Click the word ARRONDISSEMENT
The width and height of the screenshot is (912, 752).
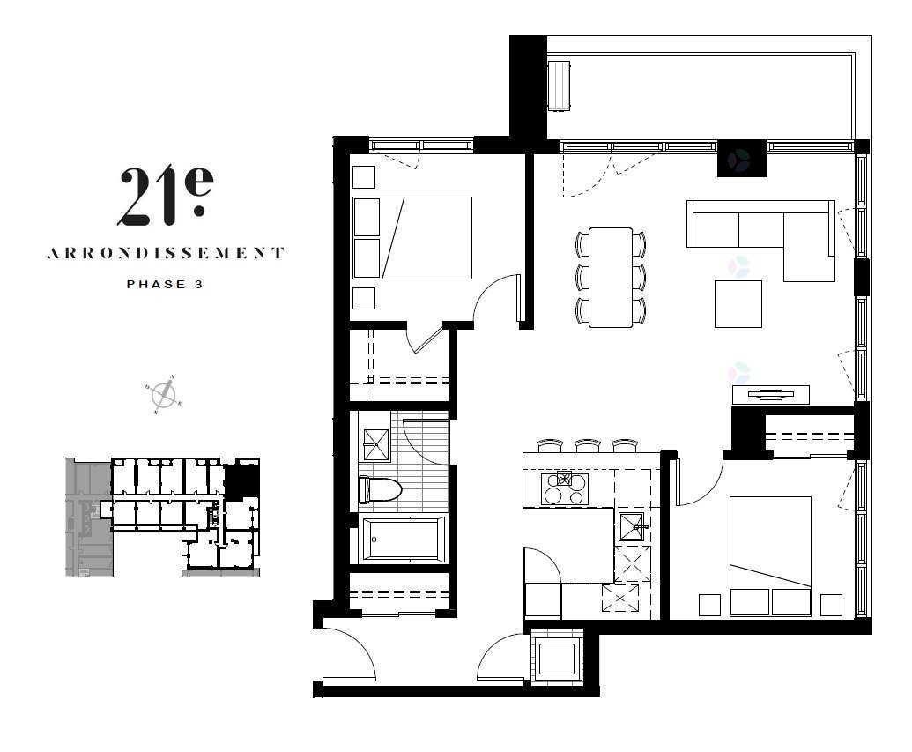pyautogui.click(x=166, y=253)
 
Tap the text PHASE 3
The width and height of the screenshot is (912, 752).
pyautogui.click(x=165, y=285)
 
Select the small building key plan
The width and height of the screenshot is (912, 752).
pyautogui.click(x=162, y=517)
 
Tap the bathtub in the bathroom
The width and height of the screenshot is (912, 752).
pyautogui.click(x=404, y=540)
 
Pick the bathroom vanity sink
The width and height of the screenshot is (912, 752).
pyautogui.click(x=376, y=444)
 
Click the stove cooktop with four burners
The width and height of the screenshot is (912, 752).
pyautogui.click(x=564, y=489)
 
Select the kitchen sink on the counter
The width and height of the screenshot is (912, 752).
pyautogui.click(x=633, y=527)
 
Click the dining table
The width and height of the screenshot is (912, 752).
pyautogui.click(x=611, y=278)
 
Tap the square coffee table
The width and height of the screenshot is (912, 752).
pyautogui.click(x=738, y=304)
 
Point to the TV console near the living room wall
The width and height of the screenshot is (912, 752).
pyautogui.click(x=771, y=395)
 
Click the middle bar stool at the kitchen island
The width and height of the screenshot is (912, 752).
pyautogui.click(x=588, y=446)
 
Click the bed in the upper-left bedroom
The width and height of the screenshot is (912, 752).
pyautogui.click(x=412, y=238)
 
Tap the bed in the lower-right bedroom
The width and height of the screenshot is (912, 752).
pyautogui.click(x=771, y=556)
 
